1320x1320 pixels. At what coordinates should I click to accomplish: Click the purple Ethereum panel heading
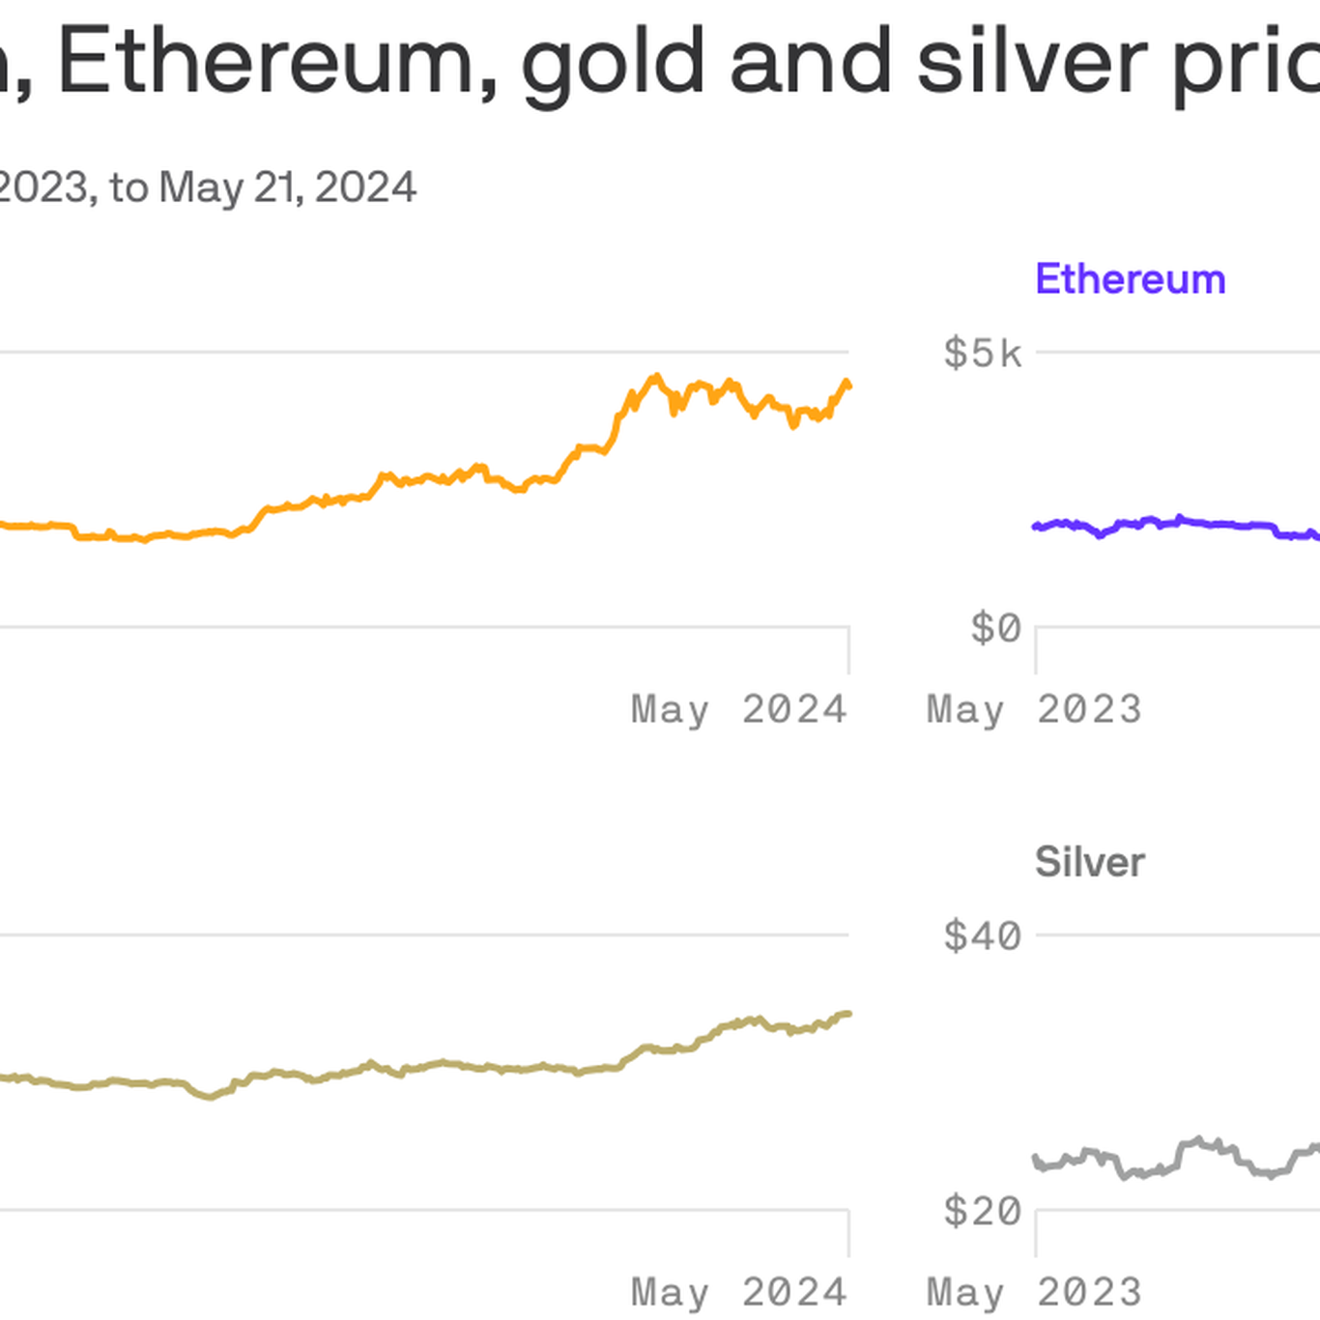coord(1130,279)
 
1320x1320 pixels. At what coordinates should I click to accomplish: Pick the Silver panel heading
coord(1089,862)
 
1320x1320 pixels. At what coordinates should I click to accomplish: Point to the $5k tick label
coord(982,354)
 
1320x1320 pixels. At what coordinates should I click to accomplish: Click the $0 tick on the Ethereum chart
coord(995,629)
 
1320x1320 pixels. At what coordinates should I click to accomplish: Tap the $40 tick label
coord(982,936)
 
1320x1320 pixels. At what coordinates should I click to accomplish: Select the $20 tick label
coord(982,1211)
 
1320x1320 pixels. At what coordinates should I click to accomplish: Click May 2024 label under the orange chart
coord(738,710)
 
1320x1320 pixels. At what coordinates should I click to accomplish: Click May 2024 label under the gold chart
coord(738,1293)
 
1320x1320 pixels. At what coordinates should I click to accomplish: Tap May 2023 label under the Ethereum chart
coord(1034,710)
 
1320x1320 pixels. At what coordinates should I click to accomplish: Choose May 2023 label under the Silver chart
coord(1034,1293)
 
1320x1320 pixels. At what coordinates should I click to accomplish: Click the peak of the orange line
coord(657,376)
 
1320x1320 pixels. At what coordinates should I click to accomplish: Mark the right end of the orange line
coord(848,386)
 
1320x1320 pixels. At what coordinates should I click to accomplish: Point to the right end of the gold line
coord(848,1014)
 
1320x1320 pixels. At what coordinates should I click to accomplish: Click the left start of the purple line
coord(1036,527)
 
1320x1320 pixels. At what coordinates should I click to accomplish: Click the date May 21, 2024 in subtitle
coord(287,187)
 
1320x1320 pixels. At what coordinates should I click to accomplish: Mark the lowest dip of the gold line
coord(210,1097)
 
